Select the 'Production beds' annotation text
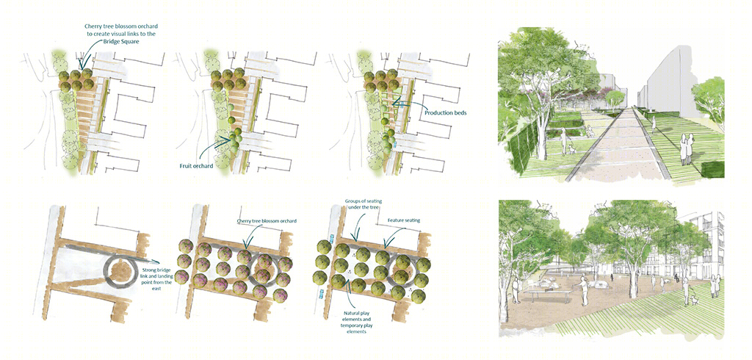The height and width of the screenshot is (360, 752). [446, 113]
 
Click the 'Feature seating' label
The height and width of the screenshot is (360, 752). [404, 220]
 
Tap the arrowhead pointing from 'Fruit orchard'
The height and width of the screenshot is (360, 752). [230, 140]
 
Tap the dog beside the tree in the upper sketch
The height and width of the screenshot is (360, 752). [571, 150]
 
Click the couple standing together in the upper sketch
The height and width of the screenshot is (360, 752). [686, 149]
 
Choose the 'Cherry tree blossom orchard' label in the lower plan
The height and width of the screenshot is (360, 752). [267, 221]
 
